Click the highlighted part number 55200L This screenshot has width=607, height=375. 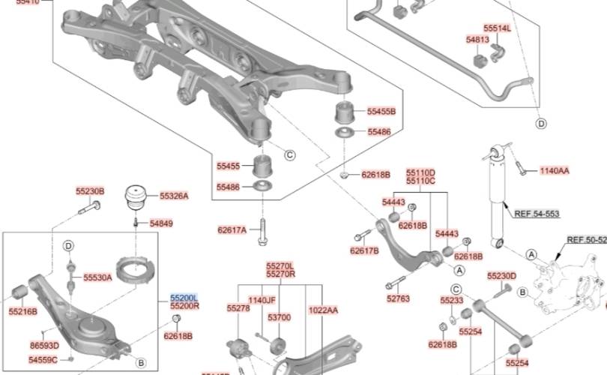(184, 298)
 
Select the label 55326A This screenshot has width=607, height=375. (174, 196)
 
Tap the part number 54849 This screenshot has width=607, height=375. (160, 223)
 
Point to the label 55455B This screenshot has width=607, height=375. (381, 112)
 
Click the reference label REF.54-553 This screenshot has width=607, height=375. (537, 214)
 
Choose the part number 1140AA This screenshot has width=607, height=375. (554, 171)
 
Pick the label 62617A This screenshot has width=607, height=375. (232, 229)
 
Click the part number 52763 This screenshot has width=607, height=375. (398, 298)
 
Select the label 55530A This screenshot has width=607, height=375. (97, 277)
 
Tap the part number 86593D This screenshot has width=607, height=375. (44, 346)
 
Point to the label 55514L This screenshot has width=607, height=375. (497, 28)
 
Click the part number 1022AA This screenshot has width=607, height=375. (323, 310)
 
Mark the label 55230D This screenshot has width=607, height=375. (501, 276)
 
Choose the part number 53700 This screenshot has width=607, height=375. (279, 318)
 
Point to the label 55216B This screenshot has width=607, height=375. (22, 310)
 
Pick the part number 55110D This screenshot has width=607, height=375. (420, 172)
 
